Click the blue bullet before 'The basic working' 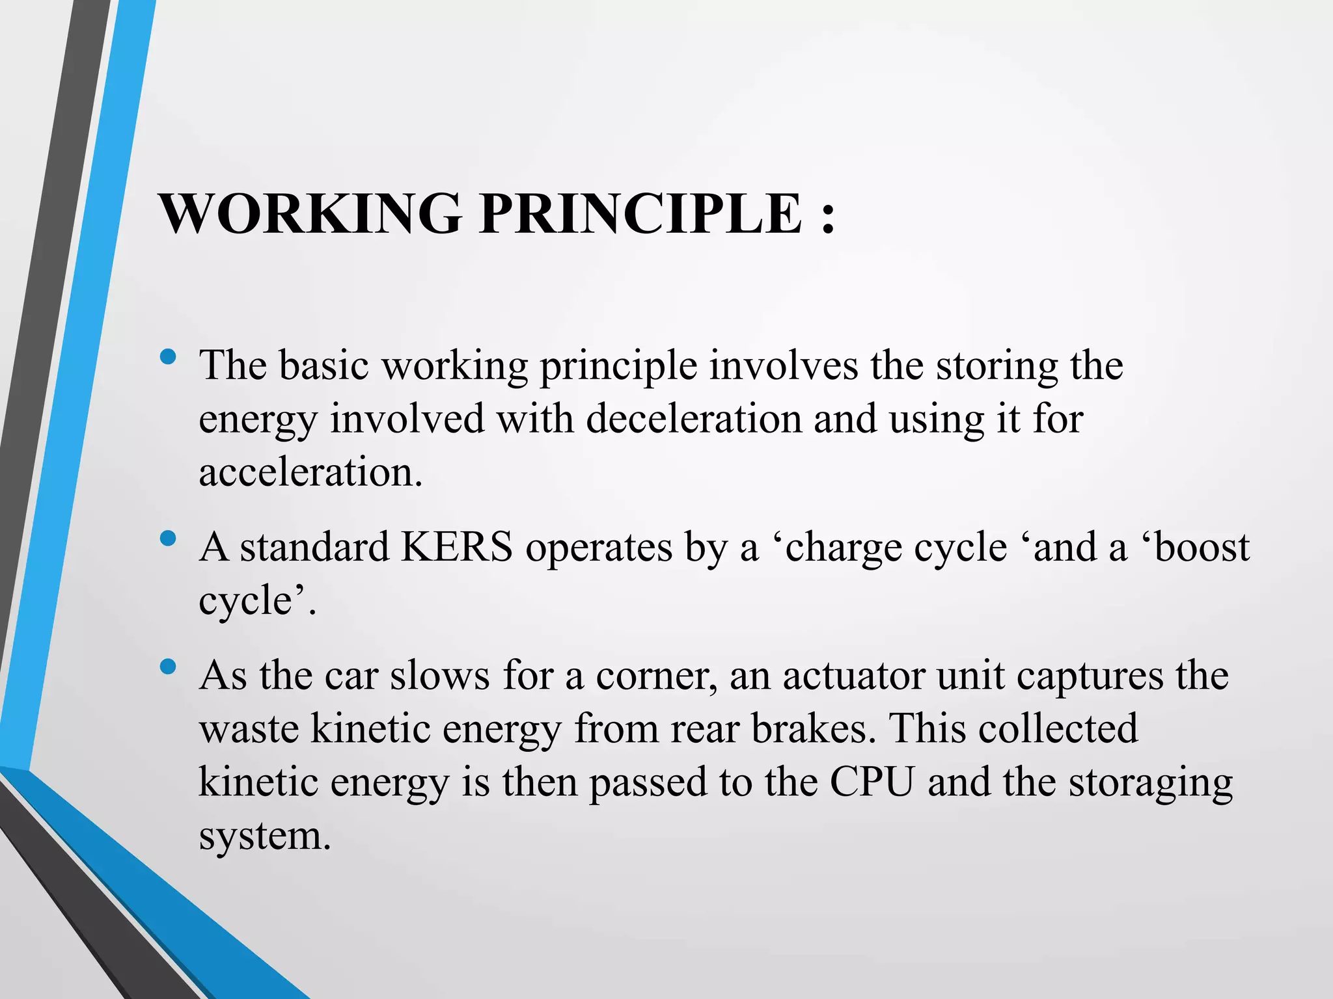pyautogui.click(x=168, y=356)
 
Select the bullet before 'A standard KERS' pyautogui.click(x=168, y=538)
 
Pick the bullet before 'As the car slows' pyautogui.click(x=168, y=667)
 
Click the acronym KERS pyautogui.click(x=457, y=547)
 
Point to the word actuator pyautogui.click(x=853, y=676)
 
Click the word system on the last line pyautogui.click(x=264, y=836)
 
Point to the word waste pyautogui.click(x=249, y=728)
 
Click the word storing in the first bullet pyautogui.click(x=996, y=366)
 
